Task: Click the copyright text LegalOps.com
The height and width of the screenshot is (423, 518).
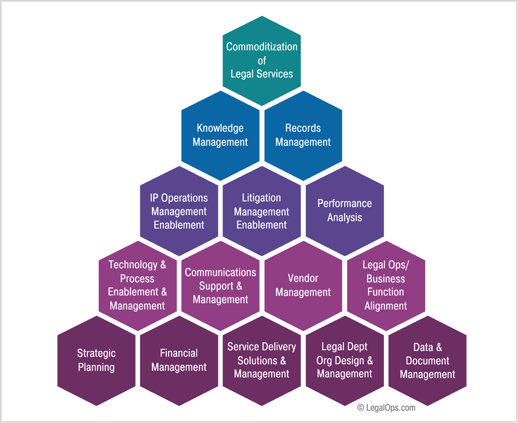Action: [x=386, y=408]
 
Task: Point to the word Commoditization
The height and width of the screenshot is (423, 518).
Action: [x=262, y=47]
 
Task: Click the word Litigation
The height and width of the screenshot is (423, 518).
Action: [x=261, y=198]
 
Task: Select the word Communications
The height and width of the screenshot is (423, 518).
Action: [x=220, y=272]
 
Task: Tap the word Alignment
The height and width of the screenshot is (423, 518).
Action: [x=385, y=306]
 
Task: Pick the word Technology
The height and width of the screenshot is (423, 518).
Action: [x=133, y=265]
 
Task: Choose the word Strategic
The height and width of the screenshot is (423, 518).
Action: [x=96, y=353]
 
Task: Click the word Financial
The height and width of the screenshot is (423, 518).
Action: [x=179, y=353]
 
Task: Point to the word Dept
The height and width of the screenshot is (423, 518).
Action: [x=358, y=346]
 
